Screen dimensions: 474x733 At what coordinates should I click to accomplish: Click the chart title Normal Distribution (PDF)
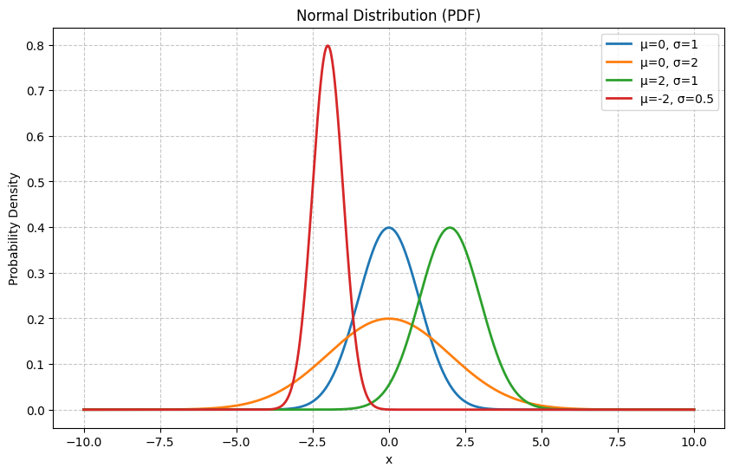coord(388,16)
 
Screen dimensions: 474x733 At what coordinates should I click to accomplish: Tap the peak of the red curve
coord(328,46)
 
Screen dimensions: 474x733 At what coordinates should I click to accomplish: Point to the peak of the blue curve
coord(389,228)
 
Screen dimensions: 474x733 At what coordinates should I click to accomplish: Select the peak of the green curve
coord(450,228)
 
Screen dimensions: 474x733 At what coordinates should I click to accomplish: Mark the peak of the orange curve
coord(389,319)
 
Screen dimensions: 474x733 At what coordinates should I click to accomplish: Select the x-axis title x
coord(389,460)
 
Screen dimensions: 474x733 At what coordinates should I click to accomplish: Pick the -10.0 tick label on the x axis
coord(84,442)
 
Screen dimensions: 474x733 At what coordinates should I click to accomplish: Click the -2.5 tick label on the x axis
coord(313,442)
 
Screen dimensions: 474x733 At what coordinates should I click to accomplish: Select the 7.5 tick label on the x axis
coord(618,442)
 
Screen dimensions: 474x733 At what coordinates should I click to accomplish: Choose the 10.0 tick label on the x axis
coord(694,442)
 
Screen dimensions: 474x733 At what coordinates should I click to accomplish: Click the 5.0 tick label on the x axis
coord(542,442)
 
